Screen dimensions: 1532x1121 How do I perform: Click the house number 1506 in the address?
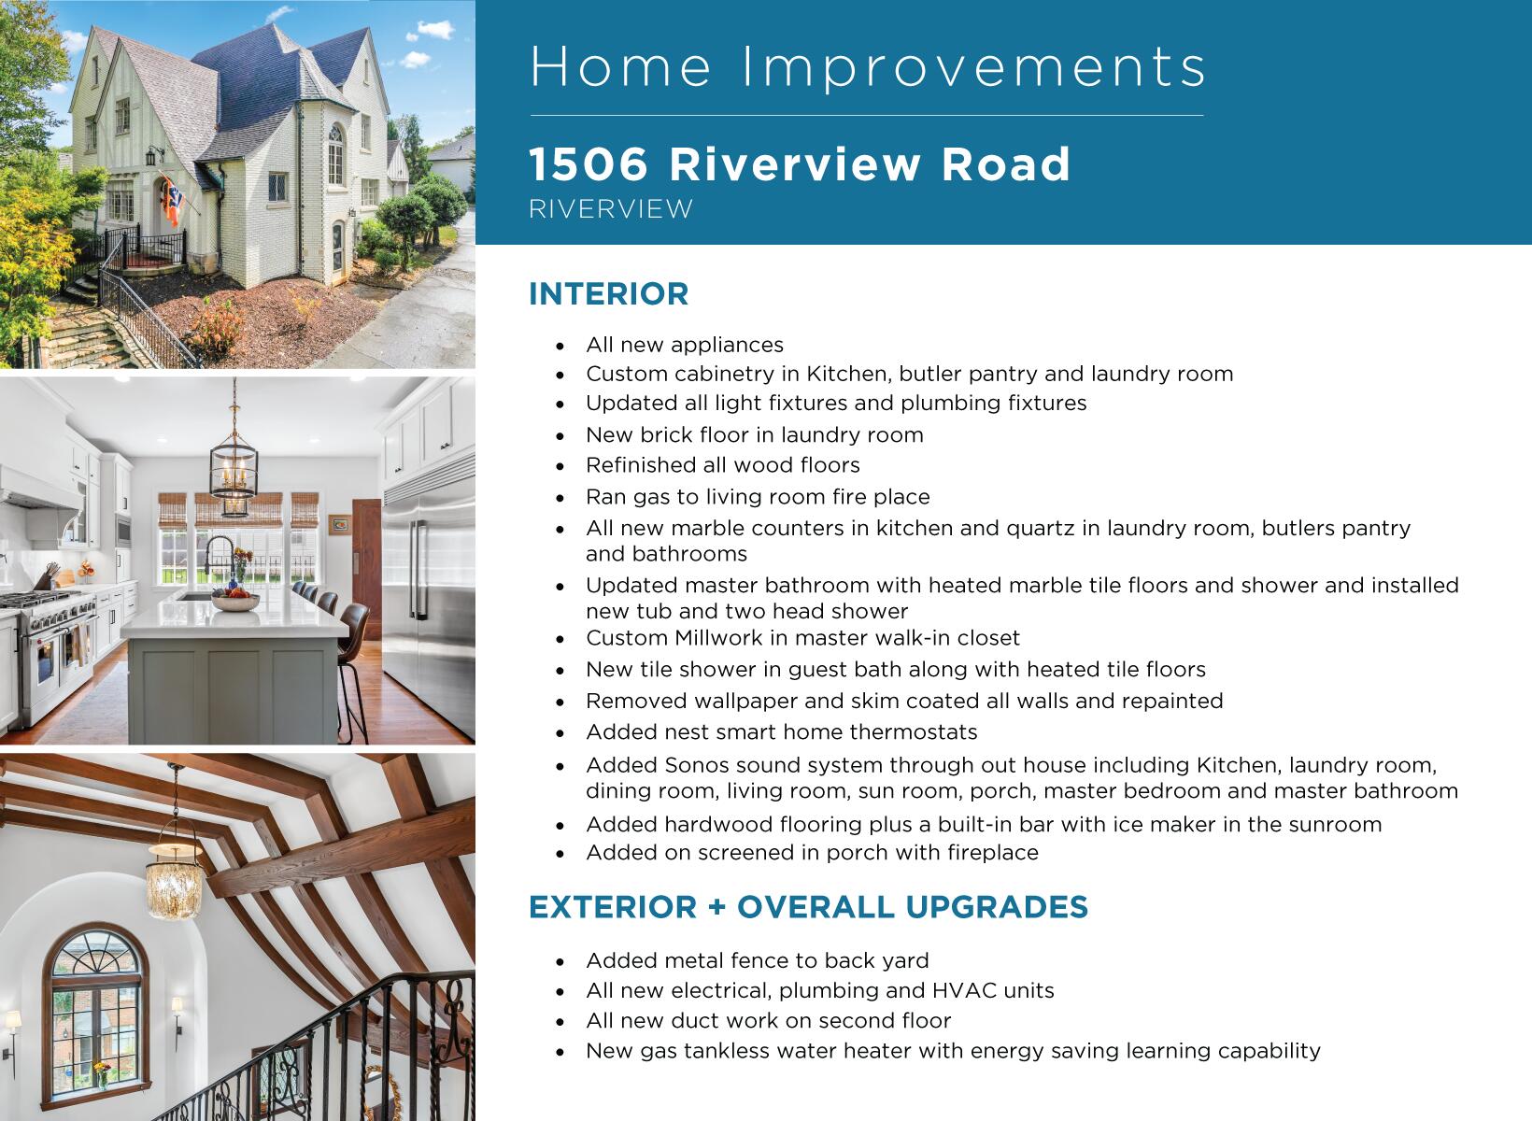click(589, 164)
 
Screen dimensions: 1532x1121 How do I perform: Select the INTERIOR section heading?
click(609, 294)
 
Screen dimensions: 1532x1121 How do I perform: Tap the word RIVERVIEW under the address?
click(612, 208)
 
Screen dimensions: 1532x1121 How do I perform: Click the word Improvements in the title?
click(974, 67)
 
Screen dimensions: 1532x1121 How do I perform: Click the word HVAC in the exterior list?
click(965, 990)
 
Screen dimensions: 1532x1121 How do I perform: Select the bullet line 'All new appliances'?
click(685, 345)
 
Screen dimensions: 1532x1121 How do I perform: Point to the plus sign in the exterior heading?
click(716, 907)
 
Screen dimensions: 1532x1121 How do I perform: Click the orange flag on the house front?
click(172, 202)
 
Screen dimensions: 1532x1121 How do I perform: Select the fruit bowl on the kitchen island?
click(235, 600)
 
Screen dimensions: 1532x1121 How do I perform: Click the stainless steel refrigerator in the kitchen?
click(429, 589)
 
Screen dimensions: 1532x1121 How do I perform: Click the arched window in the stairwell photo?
click(95, 1014)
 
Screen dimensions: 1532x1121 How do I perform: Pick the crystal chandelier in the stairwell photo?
click(175, 882)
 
